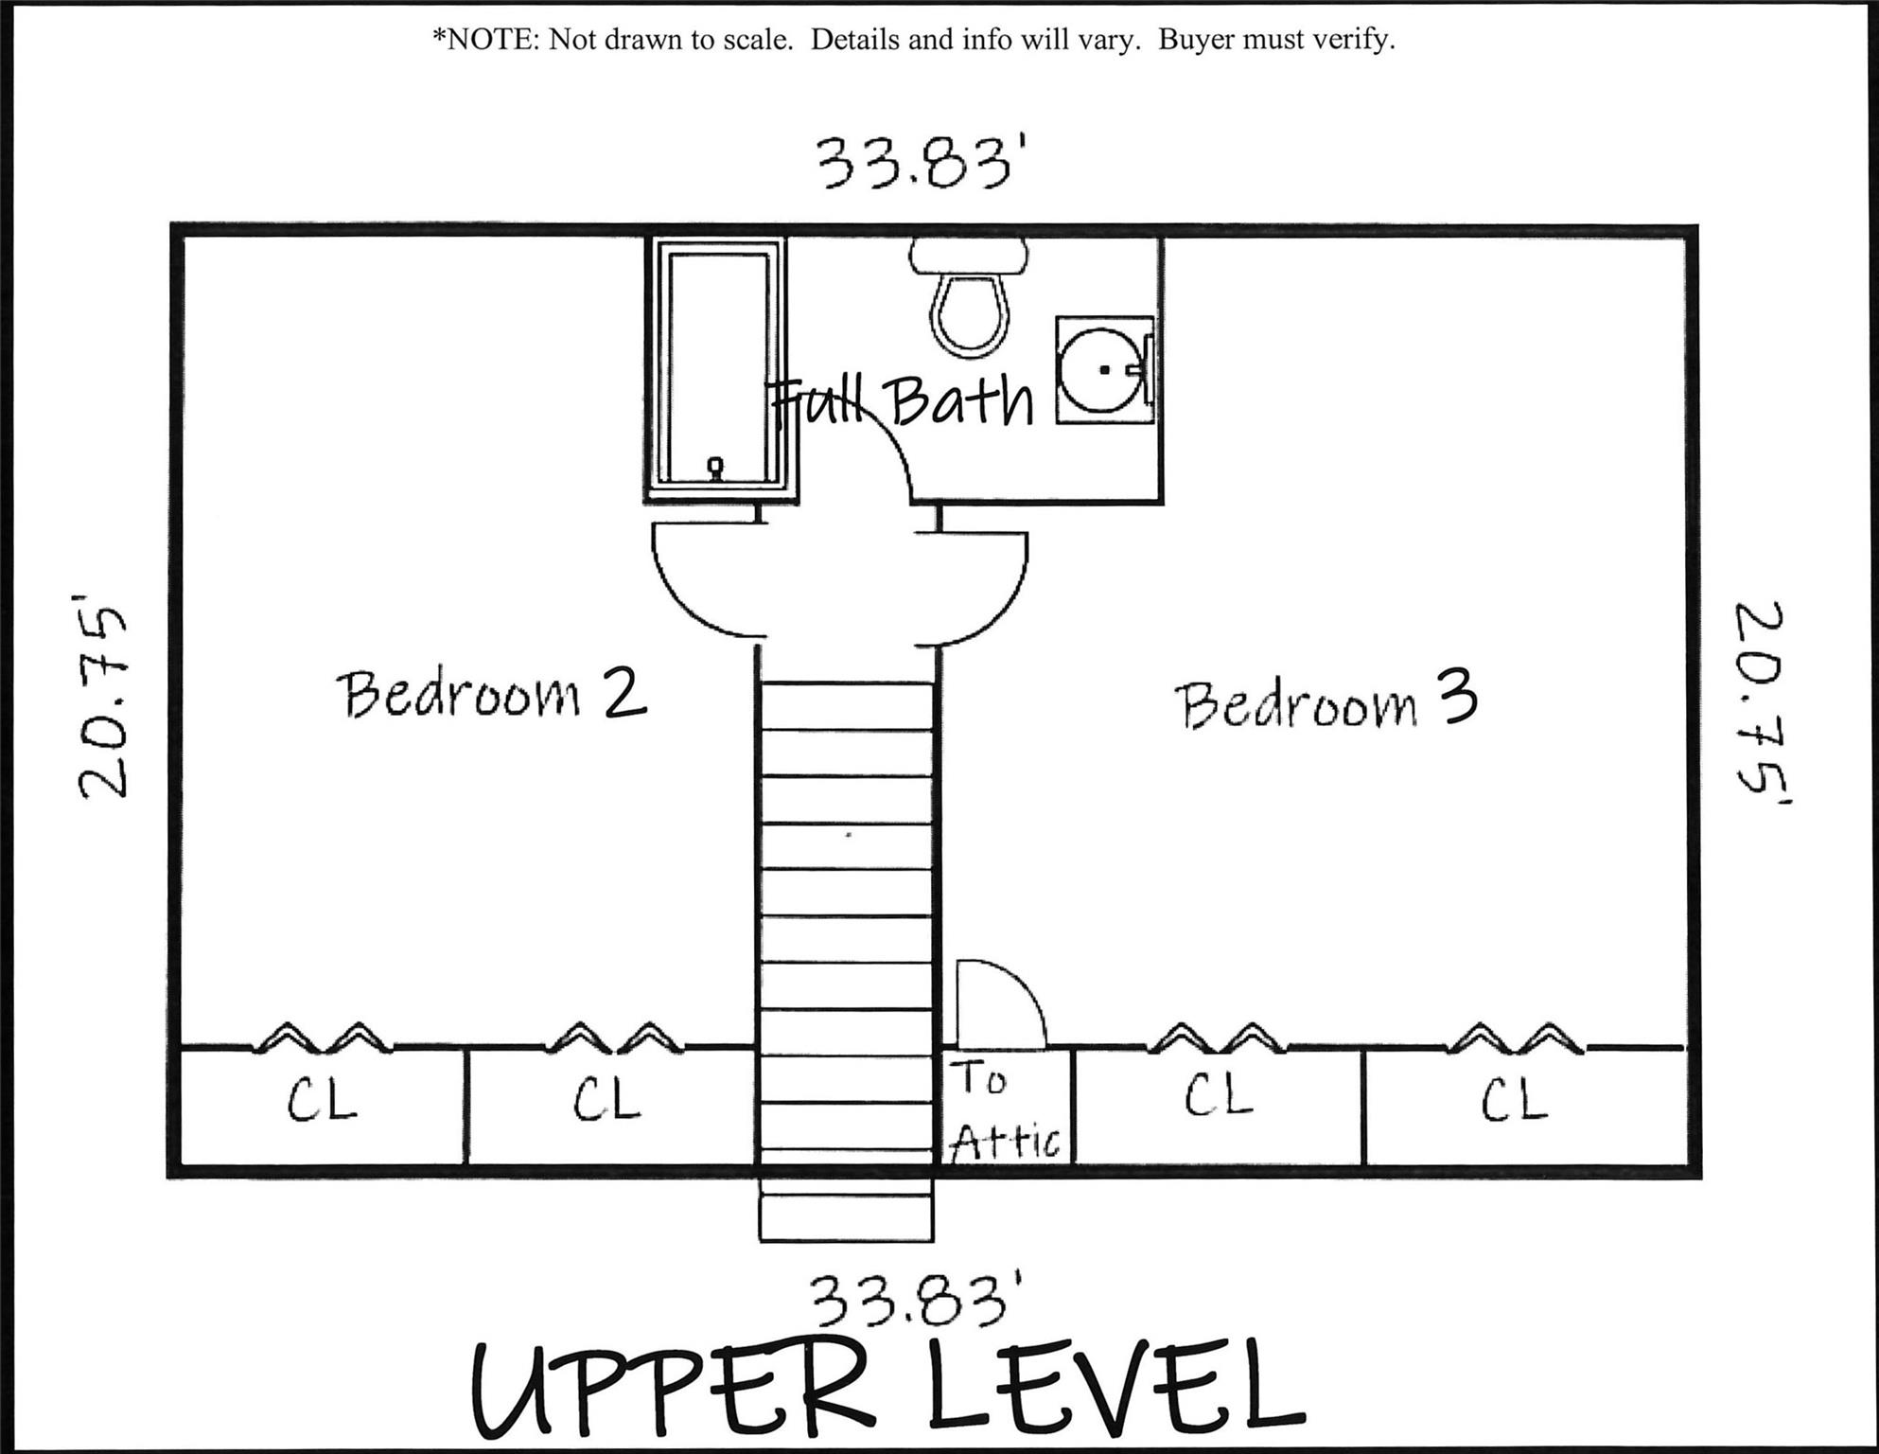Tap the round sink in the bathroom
coord(1101,370)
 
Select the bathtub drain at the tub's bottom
coord(716,466)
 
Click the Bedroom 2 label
coord(491,695)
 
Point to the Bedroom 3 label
coord(1325,703)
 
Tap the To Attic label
coord(1005,1109)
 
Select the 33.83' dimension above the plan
coord(921,164)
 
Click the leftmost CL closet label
coord(322,1100)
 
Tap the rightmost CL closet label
coord(1514,1100)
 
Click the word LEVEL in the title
coord(1116,1387)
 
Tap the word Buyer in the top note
coord(1196,40)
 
